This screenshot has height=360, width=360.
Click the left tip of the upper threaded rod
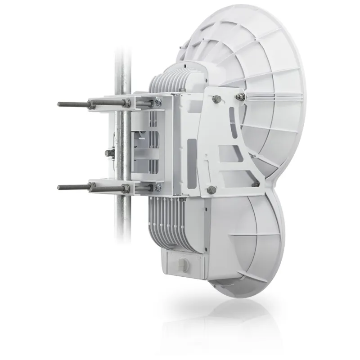coord(59,104)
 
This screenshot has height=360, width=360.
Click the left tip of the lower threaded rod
coord(59,187)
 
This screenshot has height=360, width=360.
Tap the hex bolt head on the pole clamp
coord(108,153)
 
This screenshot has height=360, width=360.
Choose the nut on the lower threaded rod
coord(92,187)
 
